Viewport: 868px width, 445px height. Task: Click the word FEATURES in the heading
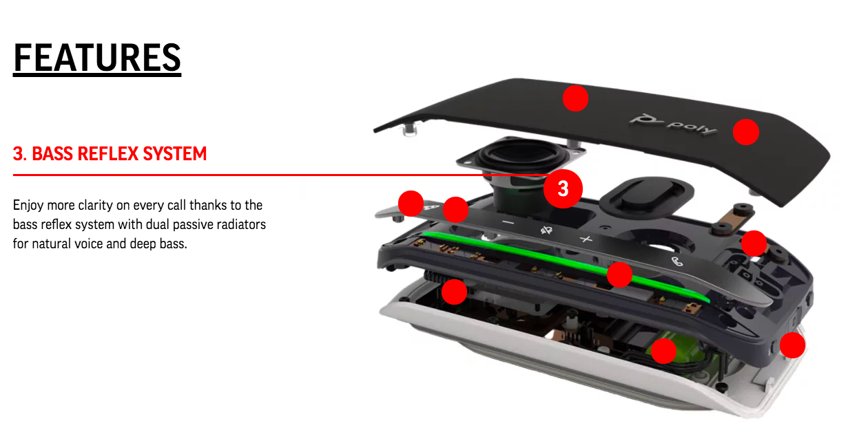click(97, 58)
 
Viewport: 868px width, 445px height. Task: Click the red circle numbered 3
click(563, 188)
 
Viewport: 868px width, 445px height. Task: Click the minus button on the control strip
click(508, 223)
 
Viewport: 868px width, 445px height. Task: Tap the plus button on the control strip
click(586, 239)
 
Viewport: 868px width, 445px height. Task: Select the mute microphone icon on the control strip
click(546, 230)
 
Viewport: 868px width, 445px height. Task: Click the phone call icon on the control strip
click(677, 261)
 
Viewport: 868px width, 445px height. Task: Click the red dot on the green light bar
click(619, 274)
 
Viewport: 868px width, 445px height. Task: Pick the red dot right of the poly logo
click(746, 132)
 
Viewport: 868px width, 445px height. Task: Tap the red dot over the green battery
click(664, 351)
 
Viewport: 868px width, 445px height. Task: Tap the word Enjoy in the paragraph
click(28, 206)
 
